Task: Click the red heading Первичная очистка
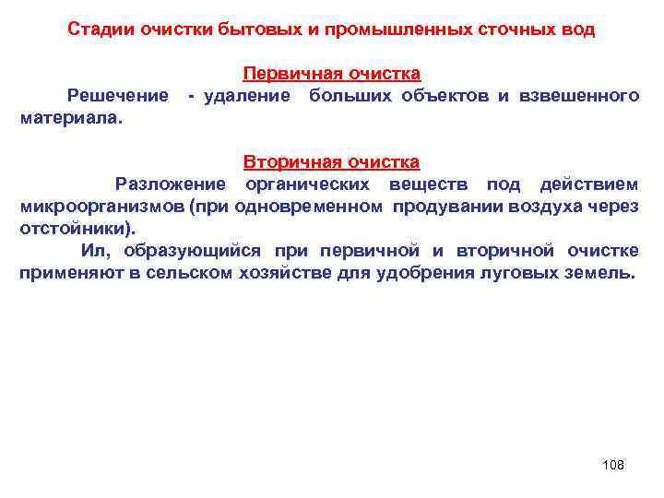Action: [331, 73]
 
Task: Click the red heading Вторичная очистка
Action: [331, 162]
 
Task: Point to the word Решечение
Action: [117, 95]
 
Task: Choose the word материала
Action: [69, 117]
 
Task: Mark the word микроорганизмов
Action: [102, 207]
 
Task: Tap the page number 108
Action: [612, 465]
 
